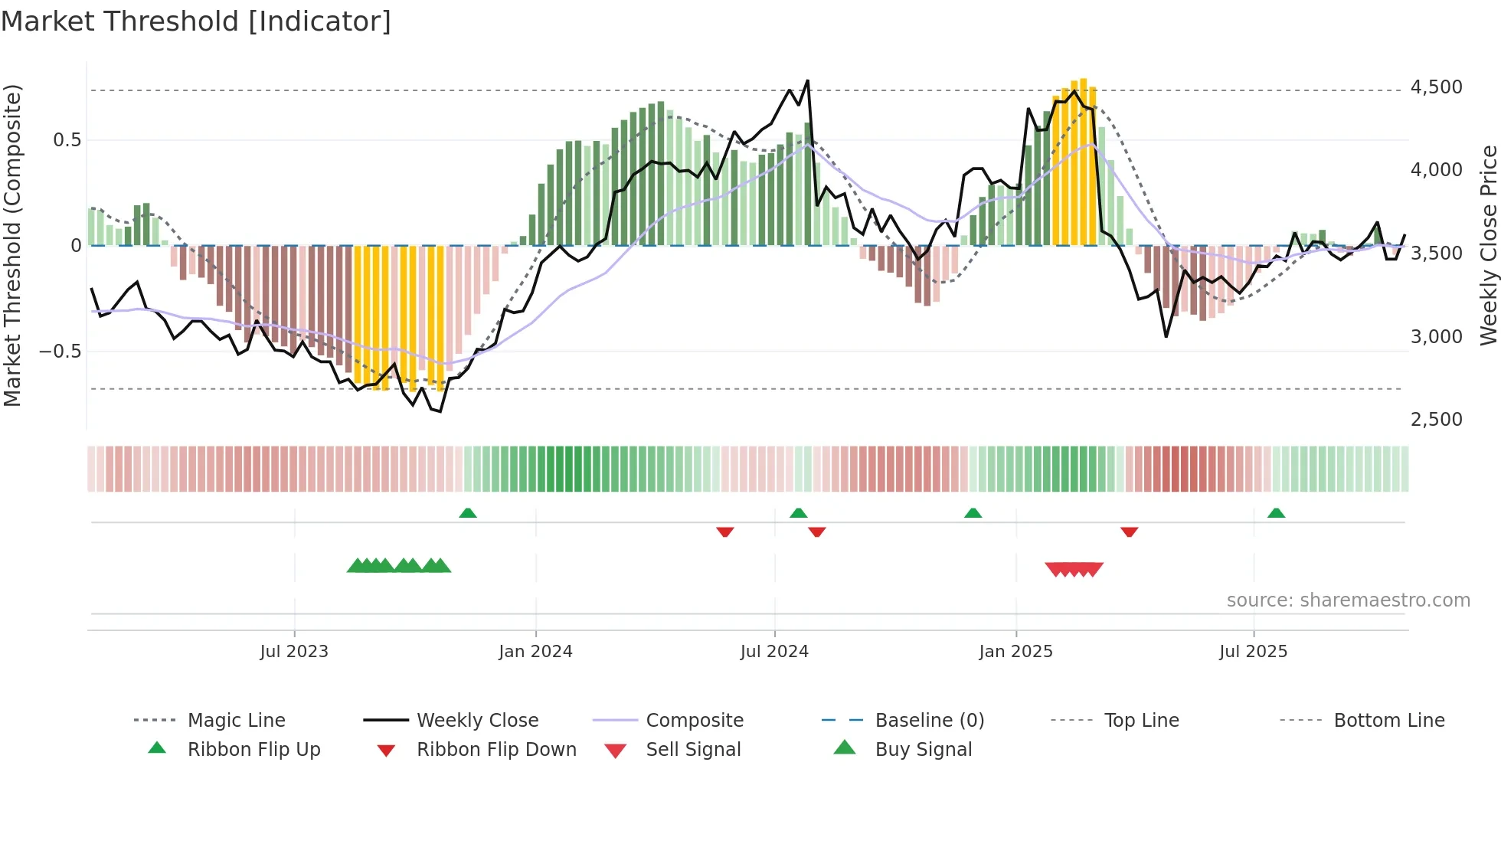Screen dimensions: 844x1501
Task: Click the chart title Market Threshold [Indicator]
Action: tap(196, 21)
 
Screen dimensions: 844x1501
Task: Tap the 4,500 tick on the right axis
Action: tap(1436, 87)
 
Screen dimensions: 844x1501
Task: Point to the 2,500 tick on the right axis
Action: tap(1436, 420)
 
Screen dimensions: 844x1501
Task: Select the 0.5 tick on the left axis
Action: tap(67, 140)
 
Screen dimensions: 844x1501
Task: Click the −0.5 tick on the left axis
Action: tap(60, 352)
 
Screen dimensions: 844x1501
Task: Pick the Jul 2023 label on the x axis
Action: tap(294, 652)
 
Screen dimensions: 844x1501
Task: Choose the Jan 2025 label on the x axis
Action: tap(1015, 652)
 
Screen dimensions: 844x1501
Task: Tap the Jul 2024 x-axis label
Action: tap(774, 652)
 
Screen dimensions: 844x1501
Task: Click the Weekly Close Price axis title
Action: tap(1488, 245)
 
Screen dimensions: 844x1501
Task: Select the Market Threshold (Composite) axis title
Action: tap(12, 245)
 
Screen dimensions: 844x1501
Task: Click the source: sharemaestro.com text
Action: tap(1348, 600)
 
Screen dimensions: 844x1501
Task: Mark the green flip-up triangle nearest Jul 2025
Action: tap(1276, 513)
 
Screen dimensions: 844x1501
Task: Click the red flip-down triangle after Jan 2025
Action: tap(1129, 532)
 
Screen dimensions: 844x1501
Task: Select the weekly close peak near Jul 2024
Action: tap(807, 80)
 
